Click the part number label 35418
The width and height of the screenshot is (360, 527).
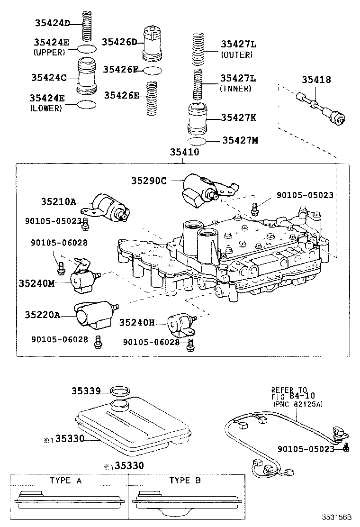316,80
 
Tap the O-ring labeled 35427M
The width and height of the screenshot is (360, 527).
198,141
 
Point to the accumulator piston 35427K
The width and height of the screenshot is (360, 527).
198,119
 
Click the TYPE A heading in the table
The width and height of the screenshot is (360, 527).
66,480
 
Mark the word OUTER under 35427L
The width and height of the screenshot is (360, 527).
237,55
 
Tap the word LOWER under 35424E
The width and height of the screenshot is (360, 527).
48,108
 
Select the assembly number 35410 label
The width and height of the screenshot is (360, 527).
182,153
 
